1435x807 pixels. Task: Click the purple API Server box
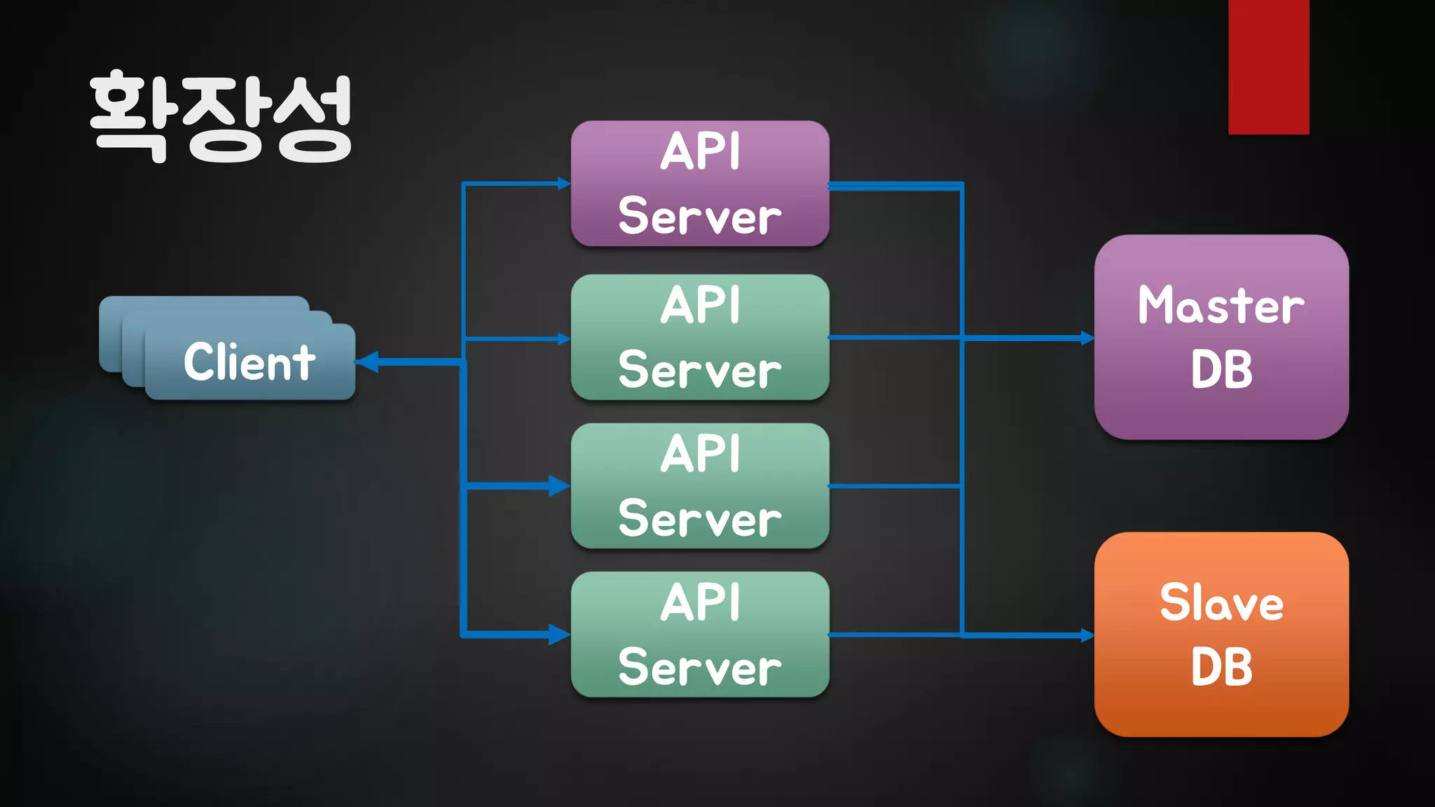click(700, 184)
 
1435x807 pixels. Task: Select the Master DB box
click(1221, 337)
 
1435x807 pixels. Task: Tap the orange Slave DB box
click(1221, 634)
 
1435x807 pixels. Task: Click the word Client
click(249, 362)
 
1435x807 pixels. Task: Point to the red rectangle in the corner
click(1268, 67)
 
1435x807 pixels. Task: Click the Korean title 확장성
click(221, 118)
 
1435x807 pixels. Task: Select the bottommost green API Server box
click(700, 634)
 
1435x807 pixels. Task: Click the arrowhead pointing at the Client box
click(367, 362)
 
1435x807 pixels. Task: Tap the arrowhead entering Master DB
click(1087, 338)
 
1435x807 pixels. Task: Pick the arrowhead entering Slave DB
click(1087, 635)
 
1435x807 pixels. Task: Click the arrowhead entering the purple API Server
click(564, 184)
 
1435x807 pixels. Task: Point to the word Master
click(1221, 305)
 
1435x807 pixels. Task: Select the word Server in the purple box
click(700, 216)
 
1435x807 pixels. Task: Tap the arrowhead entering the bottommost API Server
click(560, 635)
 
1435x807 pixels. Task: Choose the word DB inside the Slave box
click(1221, 667)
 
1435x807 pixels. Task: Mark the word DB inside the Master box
click(1221, 369)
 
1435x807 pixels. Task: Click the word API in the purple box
click(700, 151)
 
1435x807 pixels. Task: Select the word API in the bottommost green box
click(700, 602)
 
